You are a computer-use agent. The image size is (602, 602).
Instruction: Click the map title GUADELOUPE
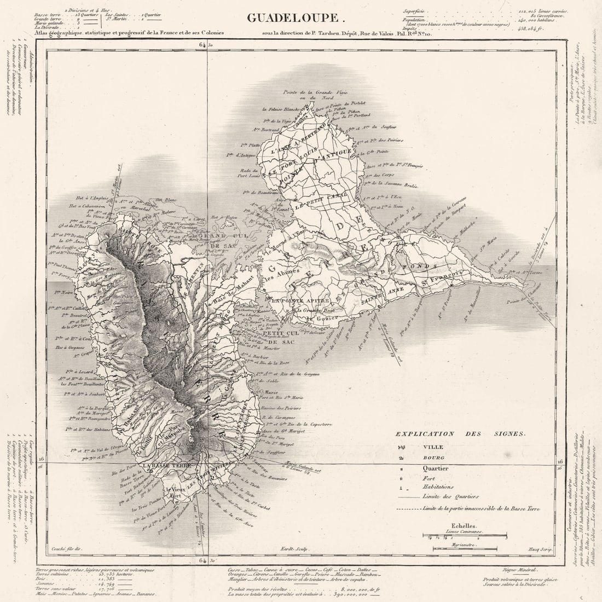(x=296, y=17)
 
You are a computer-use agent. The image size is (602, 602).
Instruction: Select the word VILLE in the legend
(x=433, y=447)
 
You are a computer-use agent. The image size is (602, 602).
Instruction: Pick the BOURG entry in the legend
(x=433, y=458)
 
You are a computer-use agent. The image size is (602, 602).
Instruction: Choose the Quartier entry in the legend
(x=435, y=468)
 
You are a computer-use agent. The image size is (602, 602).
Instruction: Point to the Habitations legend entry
(x=437, y=487)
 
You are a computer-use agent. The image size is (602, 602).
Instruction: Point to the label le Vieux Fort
(x=177, y=493)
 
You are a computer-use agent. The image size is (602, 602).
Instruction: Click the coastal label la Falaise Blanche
(x=281, y=109)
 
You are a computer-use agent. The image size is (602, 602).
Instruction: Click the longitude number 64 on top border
(x=202, y=45)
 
